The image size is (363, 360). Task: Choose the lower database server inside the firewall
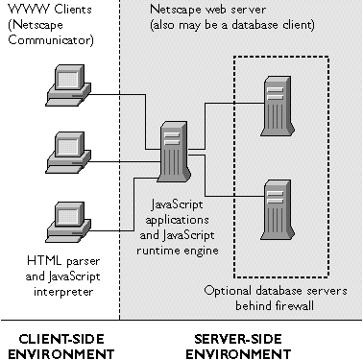coord(278,207)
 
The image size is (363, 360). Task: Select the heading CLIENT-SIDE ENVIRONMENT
coord(57,345)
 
